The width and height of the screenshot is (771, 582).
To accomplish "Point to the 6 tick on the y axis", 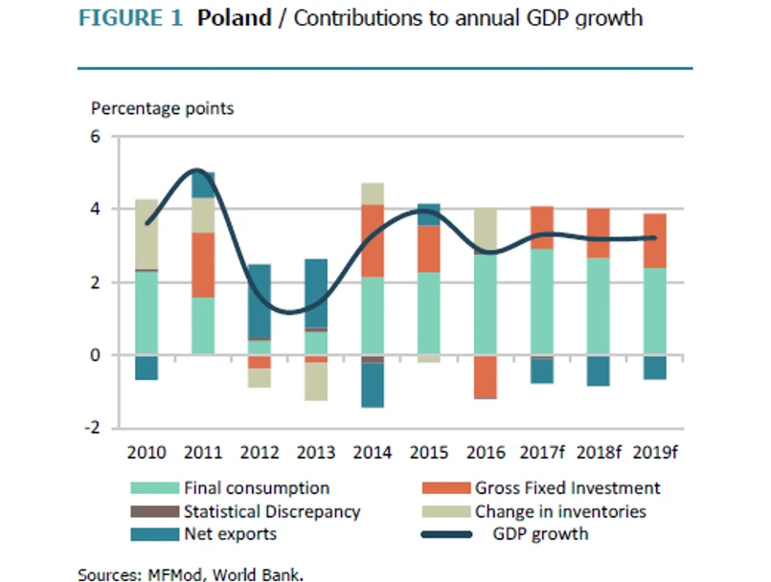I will (x=95, y=136).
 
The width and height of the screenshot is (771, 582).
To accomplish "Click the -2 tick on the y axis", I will (x=92, y=428).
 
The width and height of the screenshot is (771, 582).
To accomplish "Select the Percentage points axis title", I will (x=162, y=108).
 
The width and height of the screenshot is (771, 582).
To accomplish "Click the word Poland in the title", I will (x=235, y=19).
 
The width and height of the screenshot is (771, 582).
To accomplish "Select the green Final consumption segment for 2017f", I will (x=542, y=302).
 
